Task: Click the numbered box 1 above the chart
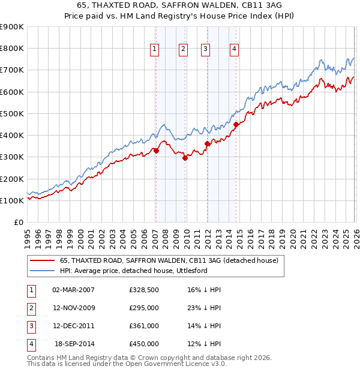point(155,49)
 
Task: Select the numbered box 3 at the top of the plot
point(205,49)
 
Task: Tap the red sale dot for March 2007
point(156,151)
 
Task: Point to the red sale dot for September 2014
point(236,125)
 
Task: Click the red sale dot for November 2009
point(185,158)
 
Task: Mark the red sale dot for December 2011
point(207,143)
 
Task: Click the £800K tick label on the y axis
point(12,48)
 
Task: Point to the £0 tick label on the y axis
point(18,222)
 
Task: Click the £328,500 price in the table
point(144,290)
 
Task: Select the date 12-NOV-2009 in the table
point(74,308)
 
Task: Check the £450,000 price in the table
point(144,344)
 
